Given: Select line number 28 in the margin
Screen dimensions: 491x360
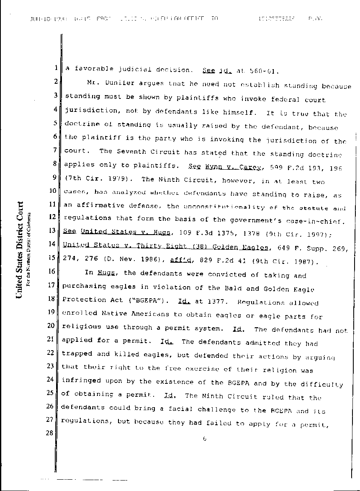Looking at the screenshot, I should click(53, 433).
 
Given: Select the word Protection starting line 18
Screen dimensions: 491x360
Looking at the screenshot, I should click(80, 300).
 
